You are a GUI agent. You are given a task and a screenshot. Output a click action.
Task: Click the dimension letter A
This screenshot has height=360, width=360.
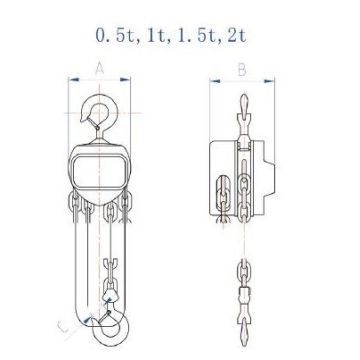click(99, 69)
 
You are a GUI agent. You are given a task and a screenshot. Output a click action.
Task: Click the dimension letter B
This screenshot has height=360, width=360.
click(242, 70)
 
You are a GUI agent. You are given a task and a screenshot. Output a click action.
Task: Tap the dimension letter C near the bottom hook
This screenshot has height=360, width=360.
click(63, 327)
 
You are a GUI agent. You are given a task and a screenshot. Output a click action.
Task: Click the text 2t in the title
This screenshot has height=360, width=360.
click(236, 36)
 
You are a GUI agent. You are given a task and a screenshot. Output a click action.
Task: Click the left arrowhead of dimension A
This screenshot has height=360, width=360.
click(74, 79)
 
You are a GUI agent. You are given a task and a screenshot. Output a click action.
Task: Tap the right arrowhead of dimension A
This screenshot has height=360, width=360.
click(125, 79)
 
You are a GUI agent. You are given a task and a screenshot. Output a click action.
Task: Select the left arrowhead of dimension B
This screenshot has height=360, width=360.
click(215, 81)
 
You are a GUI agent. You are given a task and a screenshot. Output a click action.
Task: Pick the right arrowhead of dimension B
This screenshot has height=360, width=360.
click(269, 81)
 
